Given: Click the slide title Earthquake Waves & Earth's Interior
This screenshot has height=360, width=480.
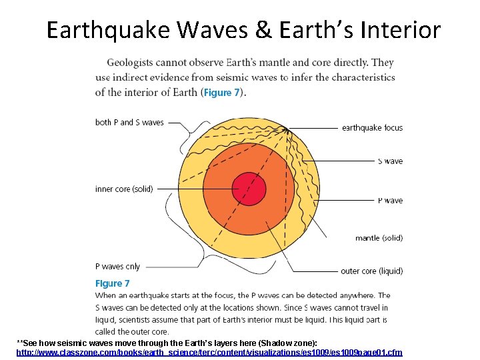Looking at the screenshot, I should pos(243,30).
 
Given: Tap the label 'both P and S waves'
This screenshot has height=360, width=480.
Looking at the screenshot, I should pos(129,122).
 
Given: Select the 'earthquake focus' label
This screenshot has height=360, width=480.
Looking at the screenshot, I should pos(372,127).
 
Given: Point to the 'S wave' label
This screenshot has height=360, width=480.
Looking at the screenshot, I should pos(390,161).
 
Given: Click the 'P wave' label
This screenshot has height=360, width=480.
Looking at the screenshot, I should pos(390,200).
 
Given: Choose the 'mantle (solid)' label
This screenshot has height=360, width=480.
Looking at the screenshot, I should pos(379,238).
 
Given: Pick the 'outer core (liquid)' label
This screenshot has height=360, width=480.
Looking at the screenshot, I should pos(371,271).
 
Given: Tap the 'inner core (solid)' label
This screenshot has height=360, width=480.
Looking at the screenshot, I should pos(124,189).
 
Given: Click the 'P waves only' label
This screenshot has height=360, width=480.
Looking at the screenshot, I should pos(118,266).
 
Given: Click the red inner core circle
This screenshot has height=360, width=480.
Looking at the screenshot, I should pos(249,189).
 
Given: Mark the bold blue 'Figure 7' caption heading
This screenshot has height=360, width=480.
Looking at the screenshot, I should pos(112,283).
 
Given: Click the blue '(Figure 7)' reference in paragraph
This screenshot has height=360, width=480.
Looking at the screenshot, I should pos(223,93).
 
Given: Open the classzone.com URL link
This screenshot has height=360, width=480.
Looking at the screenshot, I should pos(209,352).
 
